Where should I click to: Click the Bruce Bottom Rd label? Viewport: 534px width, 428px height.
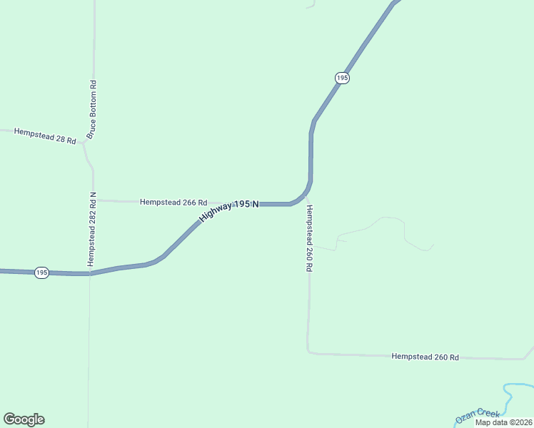click(91, 109)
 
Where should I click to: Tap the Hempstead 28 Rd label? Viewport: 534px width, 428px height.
click(45, 137)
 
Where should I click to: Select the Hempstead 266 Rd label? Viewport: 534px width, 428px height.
click(173, 202)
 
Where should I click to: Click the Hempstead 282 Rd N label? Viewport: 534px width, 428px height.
click(91, 228)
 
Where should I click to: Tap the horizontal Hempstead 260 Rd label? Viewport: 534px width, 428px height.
click(425, 356)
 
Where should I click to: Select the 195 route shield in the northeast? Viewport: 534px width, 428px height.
click(342, 78)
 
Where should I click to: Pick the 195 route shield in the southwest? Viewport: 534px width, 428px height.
click(42, 273)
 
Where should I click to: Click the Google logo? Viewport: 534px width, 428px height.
click(24, 419)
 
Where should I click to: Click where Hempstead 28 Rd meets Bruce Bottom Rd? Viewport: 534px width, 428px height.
click(84, 141)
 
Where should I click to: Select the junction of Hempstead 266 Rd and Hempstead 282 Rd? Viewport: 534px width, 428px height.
click(94, 200)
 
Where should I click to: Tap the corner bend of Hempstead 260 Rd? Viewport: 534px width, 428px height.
click(308, 352)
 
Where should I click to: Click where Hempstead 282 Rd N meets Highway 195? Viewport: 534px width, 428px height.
click(90, 274)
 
